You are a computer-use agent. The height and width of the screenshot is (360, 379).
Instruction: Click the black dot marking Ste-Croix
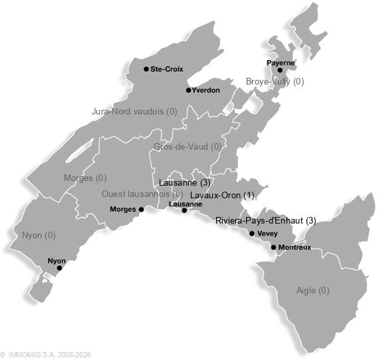(x=146, y=69)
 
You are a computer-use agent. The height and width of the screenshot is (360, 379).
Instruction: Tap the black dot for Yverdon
(x=188, y=90)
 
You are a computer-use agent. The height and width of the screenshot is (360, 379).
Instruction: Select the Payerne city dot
(x=280, y=70)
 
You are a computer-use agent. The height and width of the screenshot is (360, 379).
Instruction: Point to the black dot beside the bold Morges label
(x=141, y=209)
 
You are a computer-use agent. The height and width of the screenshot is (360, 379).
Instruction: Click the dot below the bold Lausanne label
(x=184, y=210)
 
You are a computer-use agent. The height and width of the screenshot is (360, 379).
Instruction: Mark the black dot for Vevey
(x=251, y=234)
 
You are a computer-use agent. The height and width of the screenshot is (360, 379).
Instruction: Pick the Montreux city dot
(x=273, y=248)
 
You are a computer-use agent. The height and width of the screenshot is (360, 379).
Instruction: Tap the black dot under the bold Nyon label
(x=59, y=268)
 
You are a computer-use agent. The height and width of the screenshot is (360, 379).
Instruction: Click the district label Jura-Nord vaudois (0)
(x=134, y=112)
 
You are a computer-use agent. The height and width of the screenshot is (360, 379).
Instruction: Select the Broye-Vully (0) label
(x=275, y=81)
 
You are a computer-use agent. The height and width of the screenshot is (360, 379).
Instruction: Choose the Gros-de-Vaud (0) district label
(x=188, y=147)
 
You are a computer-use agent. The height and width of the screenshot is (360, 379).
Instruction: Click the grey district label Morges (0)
(x=84, y=178)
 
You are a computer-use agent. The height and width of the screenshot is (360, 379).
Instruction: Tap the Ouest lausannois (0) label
(x=142, y=194)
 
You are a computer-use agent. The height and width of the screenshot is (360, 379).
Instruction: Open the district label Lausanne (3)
(x=185, y=182)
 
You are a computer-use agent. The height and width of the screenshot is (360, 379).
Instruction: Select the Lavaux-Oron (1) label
(x=223, y=195)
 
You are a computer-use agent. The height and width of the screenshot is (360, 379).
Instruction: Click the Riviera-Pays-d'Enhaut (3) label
(x=265, y=220)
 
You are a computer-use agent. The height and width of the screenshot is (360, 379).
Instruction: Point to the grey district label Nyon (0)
(x=39, y=235)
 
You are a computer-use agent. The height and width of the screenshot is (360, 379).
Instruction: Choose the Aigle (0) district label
(x=313, y=290)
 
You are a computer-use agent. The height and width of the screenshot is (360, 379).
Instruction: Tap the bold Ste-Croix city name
(x=166, y=69)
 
